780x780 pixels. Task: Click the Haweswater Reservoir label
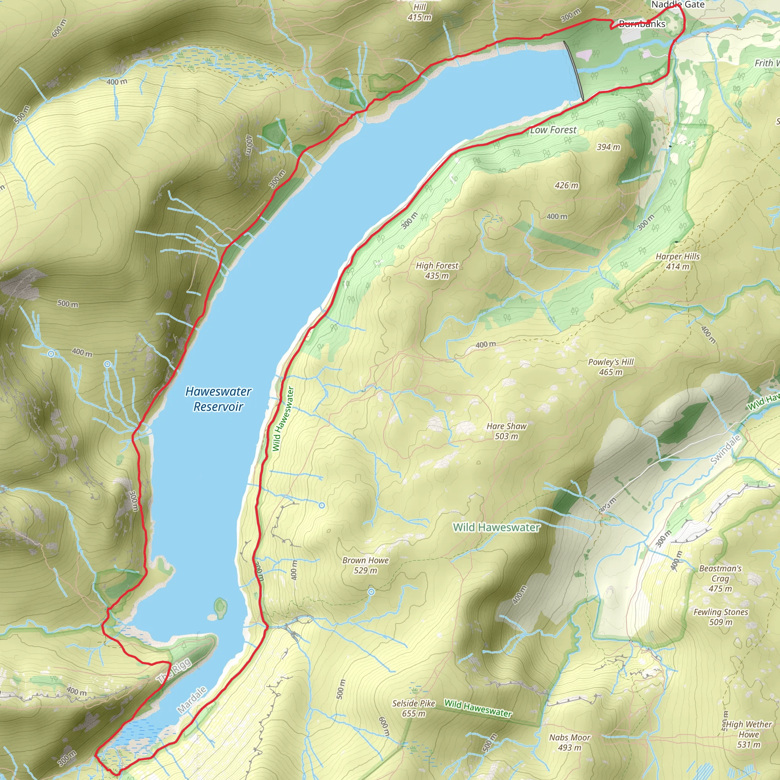click(218, 398)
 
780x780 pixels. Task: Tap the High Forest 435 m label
click(437, 270)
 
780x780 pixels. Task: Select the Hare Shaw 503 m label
click(506, 431)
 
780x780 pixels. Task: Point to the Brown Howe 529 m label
click(365, 565)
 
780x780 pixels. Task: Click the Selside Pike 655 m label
click(414, 708)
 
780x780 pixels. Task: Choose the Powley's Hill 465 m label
click(611, 367)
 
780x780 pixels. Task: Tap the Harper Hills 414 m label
click(678, 261)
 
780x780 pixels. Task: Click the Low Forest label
click(553, 130)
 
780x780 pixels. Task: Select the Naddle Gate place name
click(678, 5)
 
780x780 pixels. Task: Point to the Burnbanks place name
click(642, 24)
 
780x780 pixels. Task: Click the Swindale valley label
click(726, 449)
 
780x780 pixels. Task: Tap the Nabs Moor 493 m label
click(570, 742)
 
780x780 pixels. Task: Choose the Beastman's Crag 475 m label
click(720, 578)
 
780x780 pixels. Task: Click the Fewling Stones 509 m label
click(721, 617)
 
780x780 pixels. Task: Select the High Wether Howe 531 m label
click(749, 729)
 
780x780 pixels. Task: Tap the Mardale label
click(192, 700)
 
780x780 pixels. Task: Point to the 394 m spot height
click(608, 147)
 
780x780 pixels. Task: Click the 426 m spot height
click(566, 185)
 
